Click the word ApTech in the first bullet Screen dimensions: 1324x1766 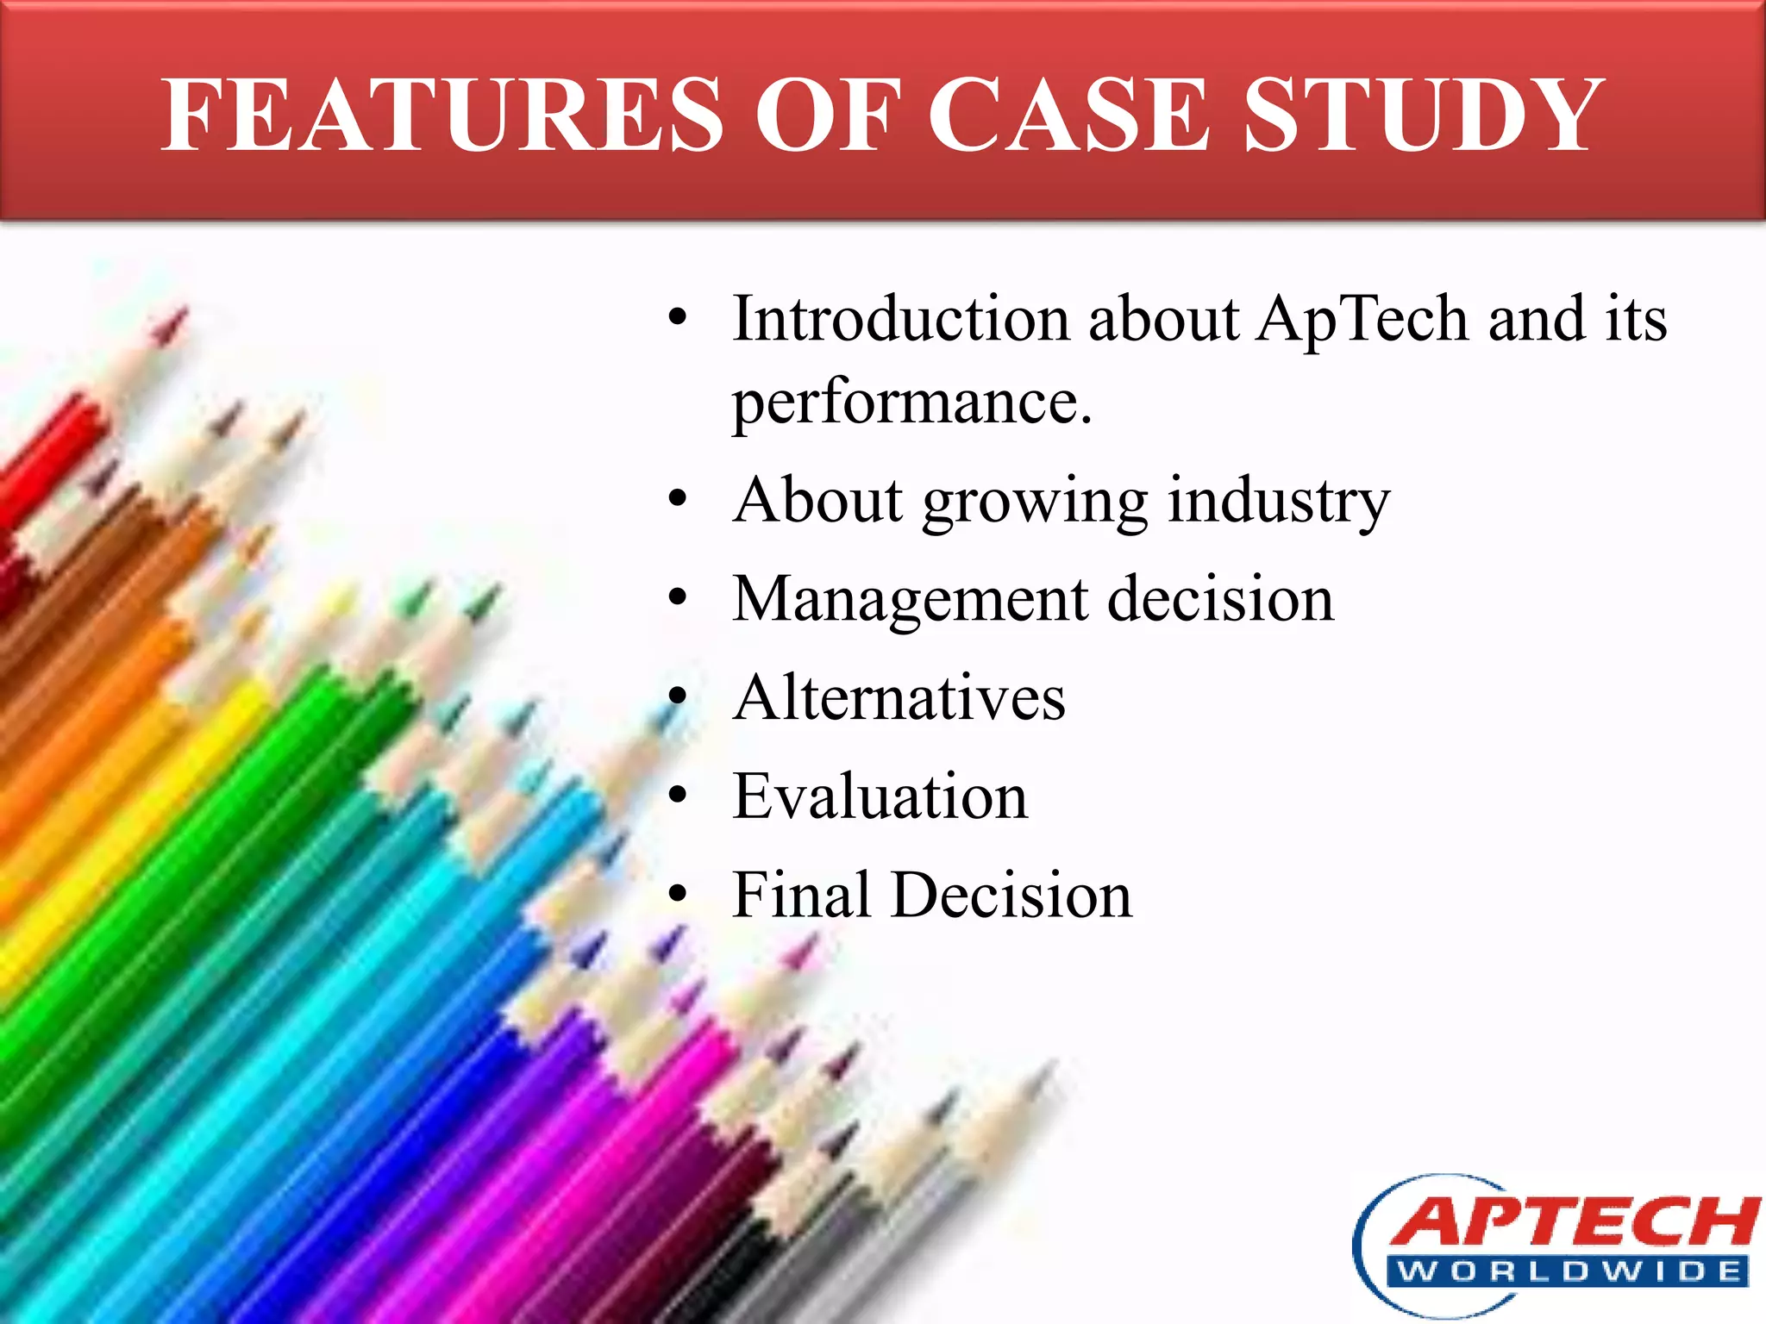click(x=1362, y=319)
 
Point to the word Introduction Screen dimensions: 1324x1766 click(x=901, y=319)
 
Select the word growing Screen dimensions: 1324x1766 click(x=1035, y=503)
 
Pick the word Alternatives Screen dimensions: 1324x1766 click(x=899, y=697)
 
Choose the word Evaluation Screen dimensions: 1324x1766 click(x=880, y=796)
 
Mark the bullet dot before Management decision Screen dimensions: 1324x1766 click(x=678, y=597)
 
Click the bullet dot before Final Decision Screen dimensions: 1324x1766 click(x=678, y=894)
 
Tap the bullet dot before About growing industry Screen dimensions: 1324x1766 click(x=678, y=499)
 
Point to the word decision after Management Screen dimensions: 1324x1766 click(x=1220, y=599)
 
